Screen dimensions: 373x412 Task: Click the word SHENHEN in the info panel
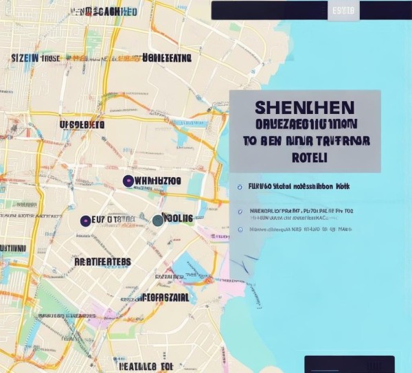tap(304, 108)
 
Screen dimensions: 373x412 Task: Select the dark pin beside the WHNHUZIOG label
tap(128, 181)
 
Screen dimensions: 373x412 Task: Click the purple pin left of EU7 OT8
tap(85, 221)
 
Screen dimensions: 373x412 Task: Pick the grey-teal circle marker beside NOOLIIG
tap(158, 220)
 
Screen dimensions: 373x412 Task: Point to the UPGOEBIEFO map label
tap(82, 124)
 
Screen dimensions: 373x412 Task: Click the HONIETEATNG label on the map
tap(166, 58)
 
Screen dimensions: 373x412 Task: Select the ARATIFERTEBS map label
tap(102, 262)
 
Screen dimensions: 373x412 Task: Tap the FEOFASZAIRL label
tap(165, 297)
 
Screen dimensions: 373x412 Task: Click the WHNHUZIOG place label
tap(159, 181)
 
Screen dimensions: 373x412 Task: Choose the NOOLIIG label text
tap(179, 218)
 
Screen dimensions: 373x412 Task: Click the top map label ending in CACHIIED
tap(104, 12)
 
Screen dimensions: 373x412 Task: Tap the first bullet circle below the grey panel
tap(240, 186)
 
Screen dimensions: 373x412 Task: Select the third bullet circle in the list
tap(240, 229)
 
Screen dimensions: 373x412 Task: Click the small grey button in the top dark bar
tap(343, 11)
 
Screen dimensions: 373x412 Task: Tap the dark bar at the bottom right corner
tap(350, 364)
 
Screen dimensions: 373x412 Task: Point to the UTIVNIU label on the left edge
tap(13, 247)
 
